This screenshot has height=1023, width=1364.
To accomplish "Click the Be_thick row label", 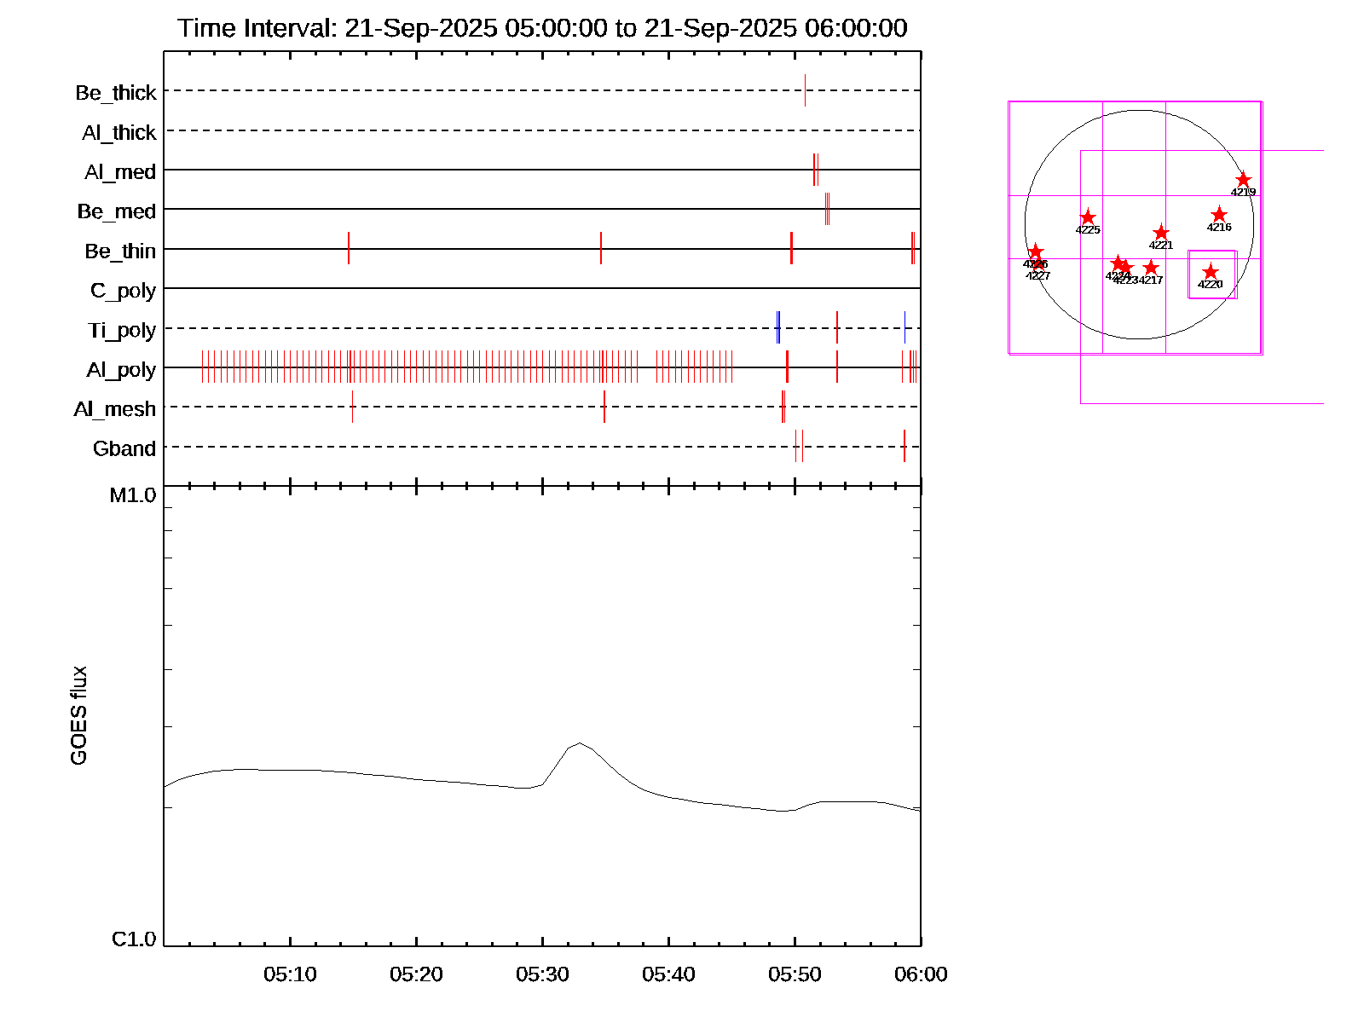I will click(116, 92).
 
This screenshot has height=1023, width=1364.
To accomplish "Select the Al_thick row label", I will click(119, 132).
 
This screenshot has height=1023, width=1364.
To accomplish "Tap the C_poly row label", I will click(123, 291).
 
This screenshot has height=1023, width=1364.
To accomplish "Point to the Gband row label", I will click(124, 448).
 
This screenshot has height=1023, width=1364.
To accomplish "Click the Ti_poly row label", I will click(122, 330).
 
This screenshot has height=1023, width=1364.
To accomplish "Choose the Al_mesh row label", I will click(115, 409).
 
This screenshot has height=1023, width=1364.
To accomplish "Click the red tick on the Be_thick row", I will click(805, 90).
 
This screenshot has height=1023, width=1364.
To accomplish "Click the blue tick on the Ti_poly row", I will click(778, 328).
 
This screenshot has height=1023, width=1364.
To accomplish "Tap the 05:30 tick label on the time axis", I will click(542, 974).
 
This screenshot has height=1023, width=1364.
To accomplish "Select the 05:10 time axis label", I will click(290, 974).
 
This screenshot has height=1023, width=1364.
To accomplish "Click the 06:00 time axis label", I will click(921, 974).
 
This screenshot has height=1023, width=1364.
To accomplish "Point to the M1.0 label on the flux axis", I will click(133, 495).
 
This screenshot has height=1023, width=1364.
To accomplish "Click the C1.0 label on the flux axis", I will click(134, 939).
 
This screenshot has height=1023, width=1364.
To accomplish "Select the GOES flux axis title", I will click(78, 716).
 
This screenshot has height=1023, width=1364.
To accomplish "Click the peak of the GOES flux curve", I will click(580, 743).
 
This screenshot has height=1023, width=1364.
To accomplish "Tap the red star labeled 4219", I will click(1243, 180).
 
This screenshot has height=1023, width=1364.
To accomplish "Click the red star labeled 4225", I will click(1088, 217).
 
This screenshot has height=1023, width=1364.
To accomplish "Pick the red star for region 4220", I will click(1211, 272).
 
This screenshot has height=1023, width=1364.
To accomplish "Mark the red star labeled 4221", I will click(1161, 233).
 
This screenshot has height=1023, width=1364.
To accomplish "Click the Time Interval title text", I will click(542, 28).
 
